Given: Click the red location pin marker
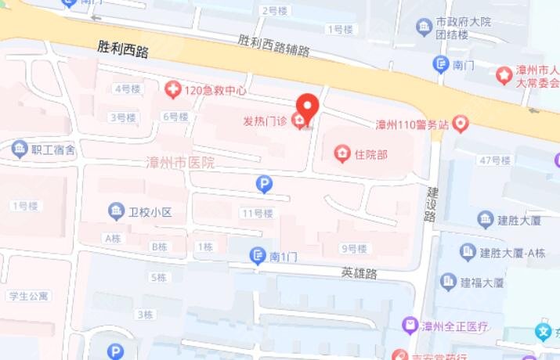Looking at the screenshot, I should (x=306, y=106).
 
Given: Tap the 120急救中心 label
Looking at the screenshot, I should (x=215, y=90).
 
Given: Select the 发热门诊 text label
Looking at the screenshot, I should (x=265, y=121).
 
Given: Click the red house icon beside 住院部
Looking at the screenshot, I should (x=341, y=154).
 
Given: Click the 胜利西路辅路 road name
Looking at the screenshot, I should (x=273, y=44).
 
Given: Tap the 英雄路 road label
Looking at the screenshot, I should (x=359, y=273).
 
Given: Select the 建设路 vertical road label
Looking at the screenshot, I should (x=431, y=203).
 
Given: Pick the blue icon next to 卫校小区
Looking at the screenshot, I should (x=117, y=211).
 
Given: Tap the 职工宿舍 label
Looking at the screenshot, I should (x=53, y=149).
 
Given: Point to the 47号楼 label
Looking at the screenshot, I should (x=495, y=160).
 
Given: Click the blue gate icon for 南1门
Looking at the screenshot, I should (x=257, y=255).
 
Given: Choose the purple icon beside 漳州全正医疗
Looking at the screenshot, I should (x=410, y=324).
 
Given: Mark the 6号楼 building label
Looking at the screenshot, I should (x=175, y=117).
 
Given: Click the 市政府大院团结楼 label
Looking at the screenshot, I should (x=463, y=29).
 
